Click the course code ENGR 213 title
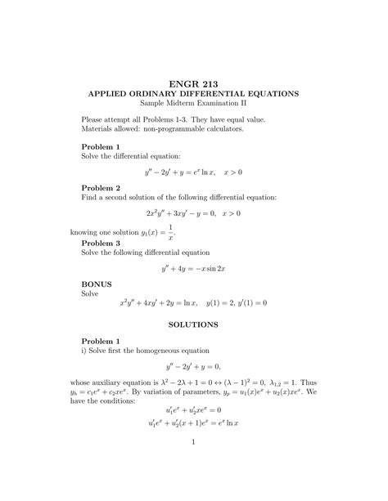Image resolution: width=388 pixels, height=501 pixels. (x=193, y=81)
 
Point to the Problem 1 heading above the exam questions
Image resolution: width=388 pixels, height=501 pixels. (x=101, y=145)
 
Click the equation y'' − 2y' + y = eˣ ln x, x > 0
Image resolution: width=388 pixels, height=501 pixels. (x=193, y=172)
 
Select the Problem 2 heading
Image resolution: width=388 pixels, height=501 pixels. (x=101, y=187)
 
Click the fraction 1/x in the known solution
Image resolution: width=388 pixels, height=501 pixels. (x=170, y=231)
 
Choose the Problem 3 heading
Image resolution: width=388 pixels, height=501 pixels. (x=101, y=243)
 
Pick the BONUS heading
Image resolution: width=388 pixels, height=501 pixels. (x=97, y=283)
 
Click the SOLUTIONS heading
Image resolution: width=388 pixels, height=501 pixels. (x=193, y=324)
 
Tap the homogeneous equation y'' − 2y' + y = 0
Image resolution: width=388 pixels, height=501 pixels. (x=193, y=366)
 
